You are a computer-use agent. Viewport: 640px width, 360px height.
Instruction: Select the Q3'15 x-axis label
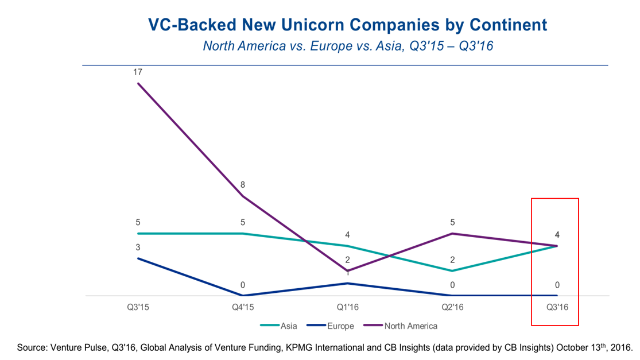click(138, 308)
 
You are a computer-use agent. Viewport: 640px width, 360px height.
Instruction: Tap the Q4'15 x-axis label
click(243, 308)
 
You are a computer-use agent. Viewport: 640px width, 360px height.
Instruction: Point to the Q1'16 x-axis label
click(348, 308)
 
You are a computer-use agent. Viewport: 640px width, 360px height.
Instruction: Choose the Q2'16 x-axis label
click(452, 308)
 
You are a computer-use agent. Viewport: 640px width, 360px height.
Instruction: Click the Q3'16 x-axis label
click(557, 308)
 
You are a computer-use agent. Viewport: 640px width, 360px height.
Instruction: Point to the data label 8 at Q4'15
click(243, 185)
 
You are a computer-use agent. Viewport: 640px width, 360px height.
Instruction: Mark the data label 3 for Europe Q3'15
click(138, 247)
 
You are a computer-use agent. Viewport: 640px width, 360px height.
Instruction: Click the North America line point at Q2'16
click(452, 234)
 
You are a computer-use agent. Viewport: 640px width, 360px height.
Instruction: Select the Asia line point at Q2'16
click(452, 270)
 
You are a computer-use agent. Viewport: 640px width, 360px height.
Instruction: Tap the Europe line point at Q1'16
click(348, 283)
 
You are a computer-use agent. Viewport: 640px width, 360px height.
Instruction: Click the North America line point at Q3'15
click(138, 83)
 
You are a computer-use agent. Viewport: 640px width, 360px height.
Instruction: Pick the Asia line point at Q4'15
click(243, 234)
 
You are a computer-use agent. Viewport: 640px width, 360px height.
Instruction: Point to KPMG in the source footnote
click(339, 347)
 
